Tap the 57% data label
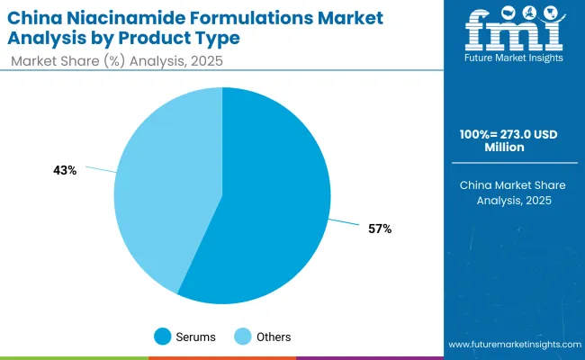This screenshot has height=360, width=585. point(380,229)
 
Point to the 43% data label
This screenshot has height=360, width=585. point(65,170)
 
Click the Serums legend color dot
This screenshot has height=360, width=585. point(163,337)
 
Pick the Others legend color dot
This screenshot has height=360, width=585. point(243,337)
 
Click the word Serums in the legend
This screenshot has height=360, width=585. point(196,337)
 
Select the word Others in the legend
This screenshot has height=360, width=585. point(273,337)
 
